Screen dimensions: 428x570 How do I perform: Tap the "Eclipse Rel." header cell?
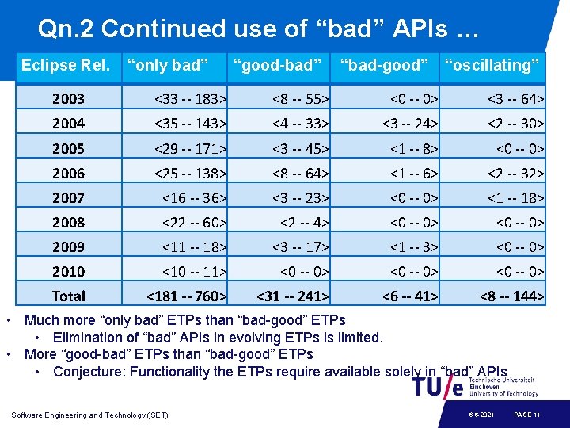tap(66, 65)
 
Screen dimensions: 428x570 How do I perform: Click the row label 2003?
tap(69, 99)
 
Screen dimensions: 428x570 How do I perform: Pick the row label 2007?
tap(69, 197)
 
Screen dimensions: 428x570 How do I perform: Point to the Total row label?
tap(69, 296)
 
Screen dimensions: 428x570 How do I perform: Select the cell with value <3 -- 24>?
tap(410, 124)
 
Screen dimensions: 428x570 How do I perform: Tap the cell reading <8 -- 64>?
tap(300, 173)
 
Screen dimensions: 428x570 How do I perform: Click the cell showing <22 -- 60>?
tap(195, 222)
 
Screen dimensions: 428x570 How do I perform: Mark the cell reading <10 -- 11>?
tap(195, 271)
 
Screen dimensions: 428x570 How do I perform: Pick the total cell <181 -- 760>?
tap(187, 296)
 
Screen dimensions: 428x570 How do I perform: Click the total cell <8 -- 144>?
tap(511, 296)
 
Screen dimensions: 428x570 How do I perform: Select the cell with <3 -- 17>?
tap(300, 246)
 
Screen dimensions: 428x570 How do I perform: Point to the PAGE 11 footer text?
tap(526, 415)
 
